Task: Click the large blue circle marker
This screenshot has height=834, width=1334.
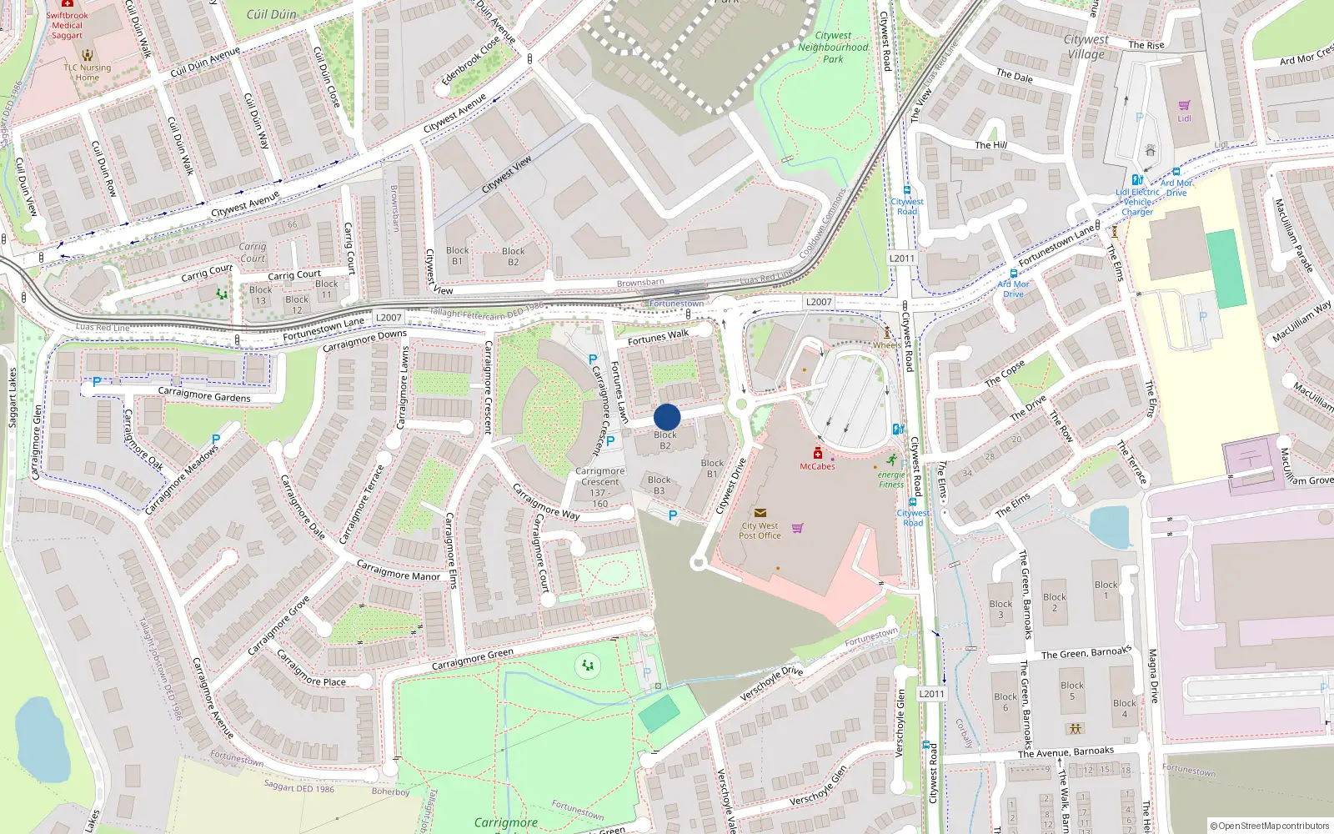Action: [x=667, y=417]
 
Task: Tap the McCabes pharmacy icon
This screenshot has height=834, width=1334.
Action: [x=818, y=454]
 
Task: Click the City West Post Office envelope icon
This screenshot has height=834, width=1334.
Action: [x=760, y=513]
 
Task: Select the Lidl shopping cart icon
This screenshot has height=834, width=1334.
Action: [x=1184, y=105]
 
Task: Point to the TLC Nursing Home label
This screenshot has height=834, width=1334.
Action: [x=87, y=73]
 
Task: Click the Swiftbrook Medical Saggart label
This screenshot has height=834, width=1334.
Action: [x=67, y=25]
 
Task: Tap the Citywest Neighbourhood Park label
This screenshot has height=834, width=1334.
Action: [x=833, y=48]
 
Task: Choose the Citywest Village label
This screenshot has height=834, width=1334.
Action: [x=1086, y=47]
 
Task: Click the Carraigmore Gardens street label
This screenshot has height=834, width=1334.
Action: [x=204, y=394]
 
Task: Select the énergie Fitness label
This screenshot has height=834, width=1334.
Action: [x=891, y=480]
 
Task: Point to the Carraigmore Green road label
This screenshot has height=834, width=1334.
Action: [x=472, y=660]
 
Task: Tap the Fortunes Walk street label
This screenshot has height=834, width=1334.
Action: [x=658, y=337]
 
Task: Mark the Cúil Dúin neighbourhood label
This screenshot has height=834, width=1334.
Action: [x=271, y=14]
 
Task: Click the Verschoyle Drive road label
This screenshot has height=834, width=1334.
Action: [x=771, y=683]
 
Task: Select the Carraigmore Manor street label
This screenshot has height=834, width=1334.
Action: [x=398, y=571]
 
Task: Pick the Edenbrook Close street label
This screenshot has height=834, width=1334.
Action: [x=470, y=59]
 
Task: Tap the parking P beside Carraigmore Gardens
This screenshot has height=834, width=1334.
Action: [x=97, y=382]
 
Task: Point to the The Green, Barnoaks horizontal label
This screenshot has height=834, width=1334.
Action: [x=1086, y=653]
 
